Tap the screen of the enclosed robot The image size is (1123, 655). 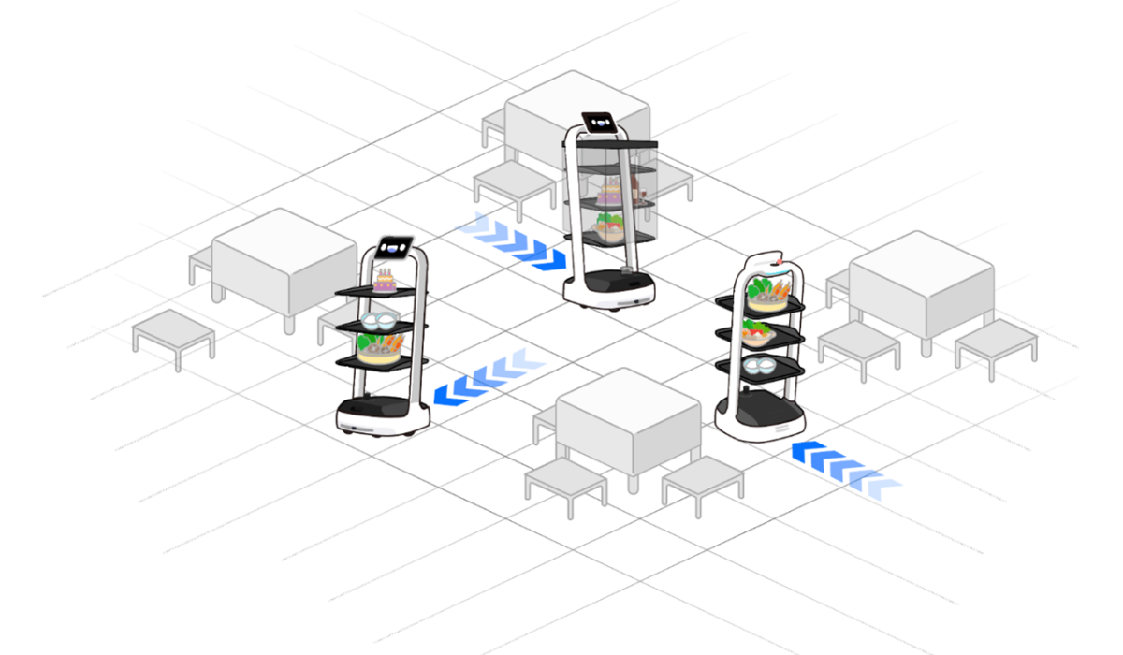point(599,122)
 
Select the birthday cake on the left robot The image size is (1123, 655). point(384,280)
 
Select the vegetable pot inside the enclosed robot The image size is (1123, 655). point(609,226)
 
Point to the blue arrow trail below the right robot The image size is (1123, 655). point(842,466)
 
